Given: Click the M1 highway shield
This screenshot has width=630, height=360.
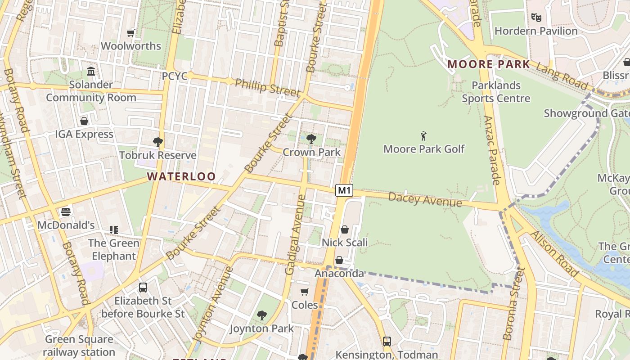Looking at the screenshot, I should [x=344, y=190].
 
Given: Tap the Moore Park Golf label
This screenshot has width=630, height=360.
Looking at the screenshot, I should [x=423, y=149].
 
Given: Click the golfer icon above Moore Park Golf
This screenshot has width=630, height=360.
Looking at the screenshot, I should [x=423, y=136].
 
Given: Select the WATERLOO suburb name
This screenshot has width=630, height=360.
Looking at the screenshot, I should [x=181, y=176].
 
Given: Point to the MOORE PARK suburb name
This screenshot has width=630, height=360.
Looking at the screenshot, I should [x=489, y=64].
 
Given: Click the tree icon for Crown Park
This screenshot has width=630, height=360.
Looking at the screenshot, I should [x=311, y=139].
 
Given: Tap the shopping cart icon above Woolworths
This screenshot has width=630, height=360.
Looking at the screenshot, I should [x=131, y=33].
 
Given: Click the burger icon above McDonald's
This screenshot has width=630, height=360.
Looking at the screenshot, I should [x=66, y=211].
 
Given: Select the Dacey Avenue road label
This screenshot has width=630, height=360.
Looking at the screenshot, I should [x=425, y=199].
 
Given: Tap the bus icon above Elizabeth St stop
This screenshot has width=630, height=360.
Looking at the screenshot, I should [x=143, y=287].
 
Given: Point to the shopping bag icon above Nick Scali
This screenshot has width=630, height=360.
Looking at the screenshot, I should [x=344, y=229].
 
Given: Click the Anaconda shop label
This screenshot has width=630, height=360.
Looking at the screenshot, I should [x=339, y=273].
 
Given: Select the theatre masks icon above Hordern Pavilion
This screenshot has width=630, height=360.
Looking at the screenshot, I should [x=535, y=18].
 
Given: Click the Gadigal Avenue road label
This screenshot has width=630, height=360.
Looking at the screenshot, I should [x=296, y=234].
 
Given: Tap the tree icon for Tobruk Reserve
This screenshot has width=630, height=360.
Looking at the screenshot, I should [x=157, y=142].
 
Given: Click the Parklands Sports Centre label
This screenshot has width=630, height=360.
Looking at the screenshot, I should [x=496, y=92].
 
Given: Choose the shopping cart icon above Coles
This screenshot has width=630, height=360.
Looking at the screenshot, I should [x=305, y=292].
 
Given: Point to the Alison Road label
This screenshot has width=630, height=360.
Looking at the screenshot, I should [x=554, y=254].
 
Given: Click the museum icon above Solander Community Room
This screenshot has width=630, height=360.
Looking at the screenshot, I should [x=91, y=71].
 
